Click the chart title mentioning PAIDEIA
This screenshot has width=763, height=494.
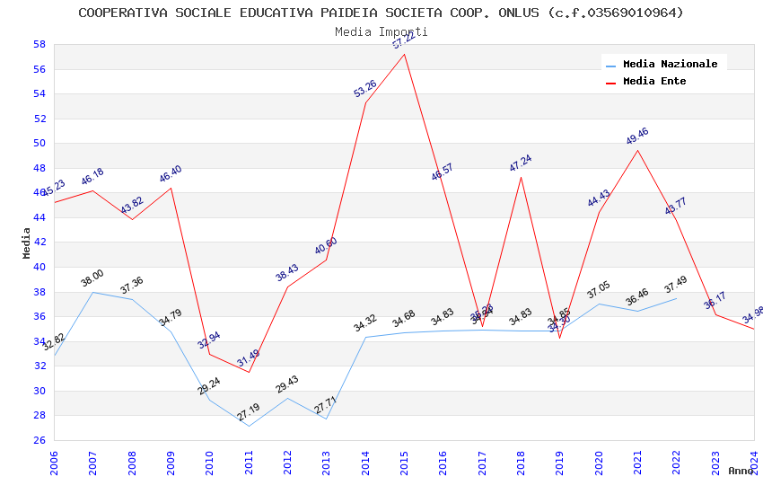[x=381, y=13]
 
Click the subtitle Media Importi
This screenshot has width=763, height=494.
[x=381, y=31]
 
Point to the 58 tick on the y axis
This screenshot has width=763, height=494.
[x=39, y=44]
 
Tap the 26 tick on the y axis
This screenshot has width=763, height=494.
[x=39, y=440]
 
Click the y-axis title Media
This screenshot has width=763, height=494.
[x=26, y=243]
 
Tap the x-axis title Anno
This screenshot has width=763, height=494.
[x=741, y=471]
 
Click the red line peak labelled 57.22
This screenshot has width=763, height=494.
[x=405, y=54]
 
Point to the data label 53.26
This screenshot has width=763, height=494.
[x=365, y=88]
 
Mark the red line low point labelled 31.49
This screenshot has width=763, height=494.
[x=249, y=372]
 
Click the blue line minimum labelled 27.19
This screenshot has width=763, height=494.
[x=249, y=426]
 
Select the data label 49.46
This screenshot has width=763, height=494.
[x=637, y=137]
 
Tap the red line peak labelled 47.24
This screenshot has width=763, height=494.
[x=521, y=176]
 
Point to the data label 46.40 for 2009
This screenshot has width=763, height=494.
[x=171, y=174]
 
